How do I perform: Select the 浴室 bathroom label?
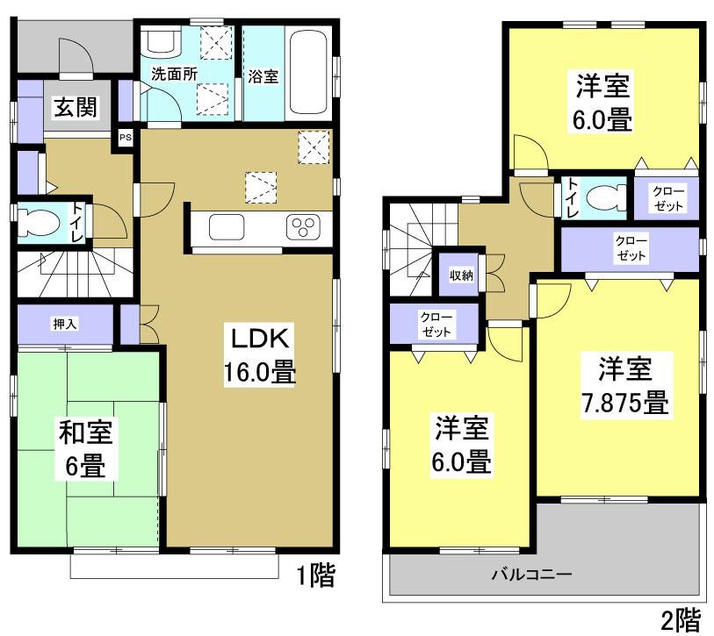coord(263,76)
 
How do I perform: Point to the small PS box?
coord(126,137)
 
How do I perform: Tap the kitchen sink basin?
coord(228,229)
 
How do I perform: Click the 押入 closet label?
coord(65,324)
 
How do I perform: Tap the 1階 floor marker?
coord(314,576)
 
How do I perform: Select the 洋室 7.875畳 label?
coord(622,386)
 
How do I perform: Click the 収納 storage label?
coord(462,275)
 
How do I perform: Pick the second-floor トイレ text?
coord(573,197)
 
